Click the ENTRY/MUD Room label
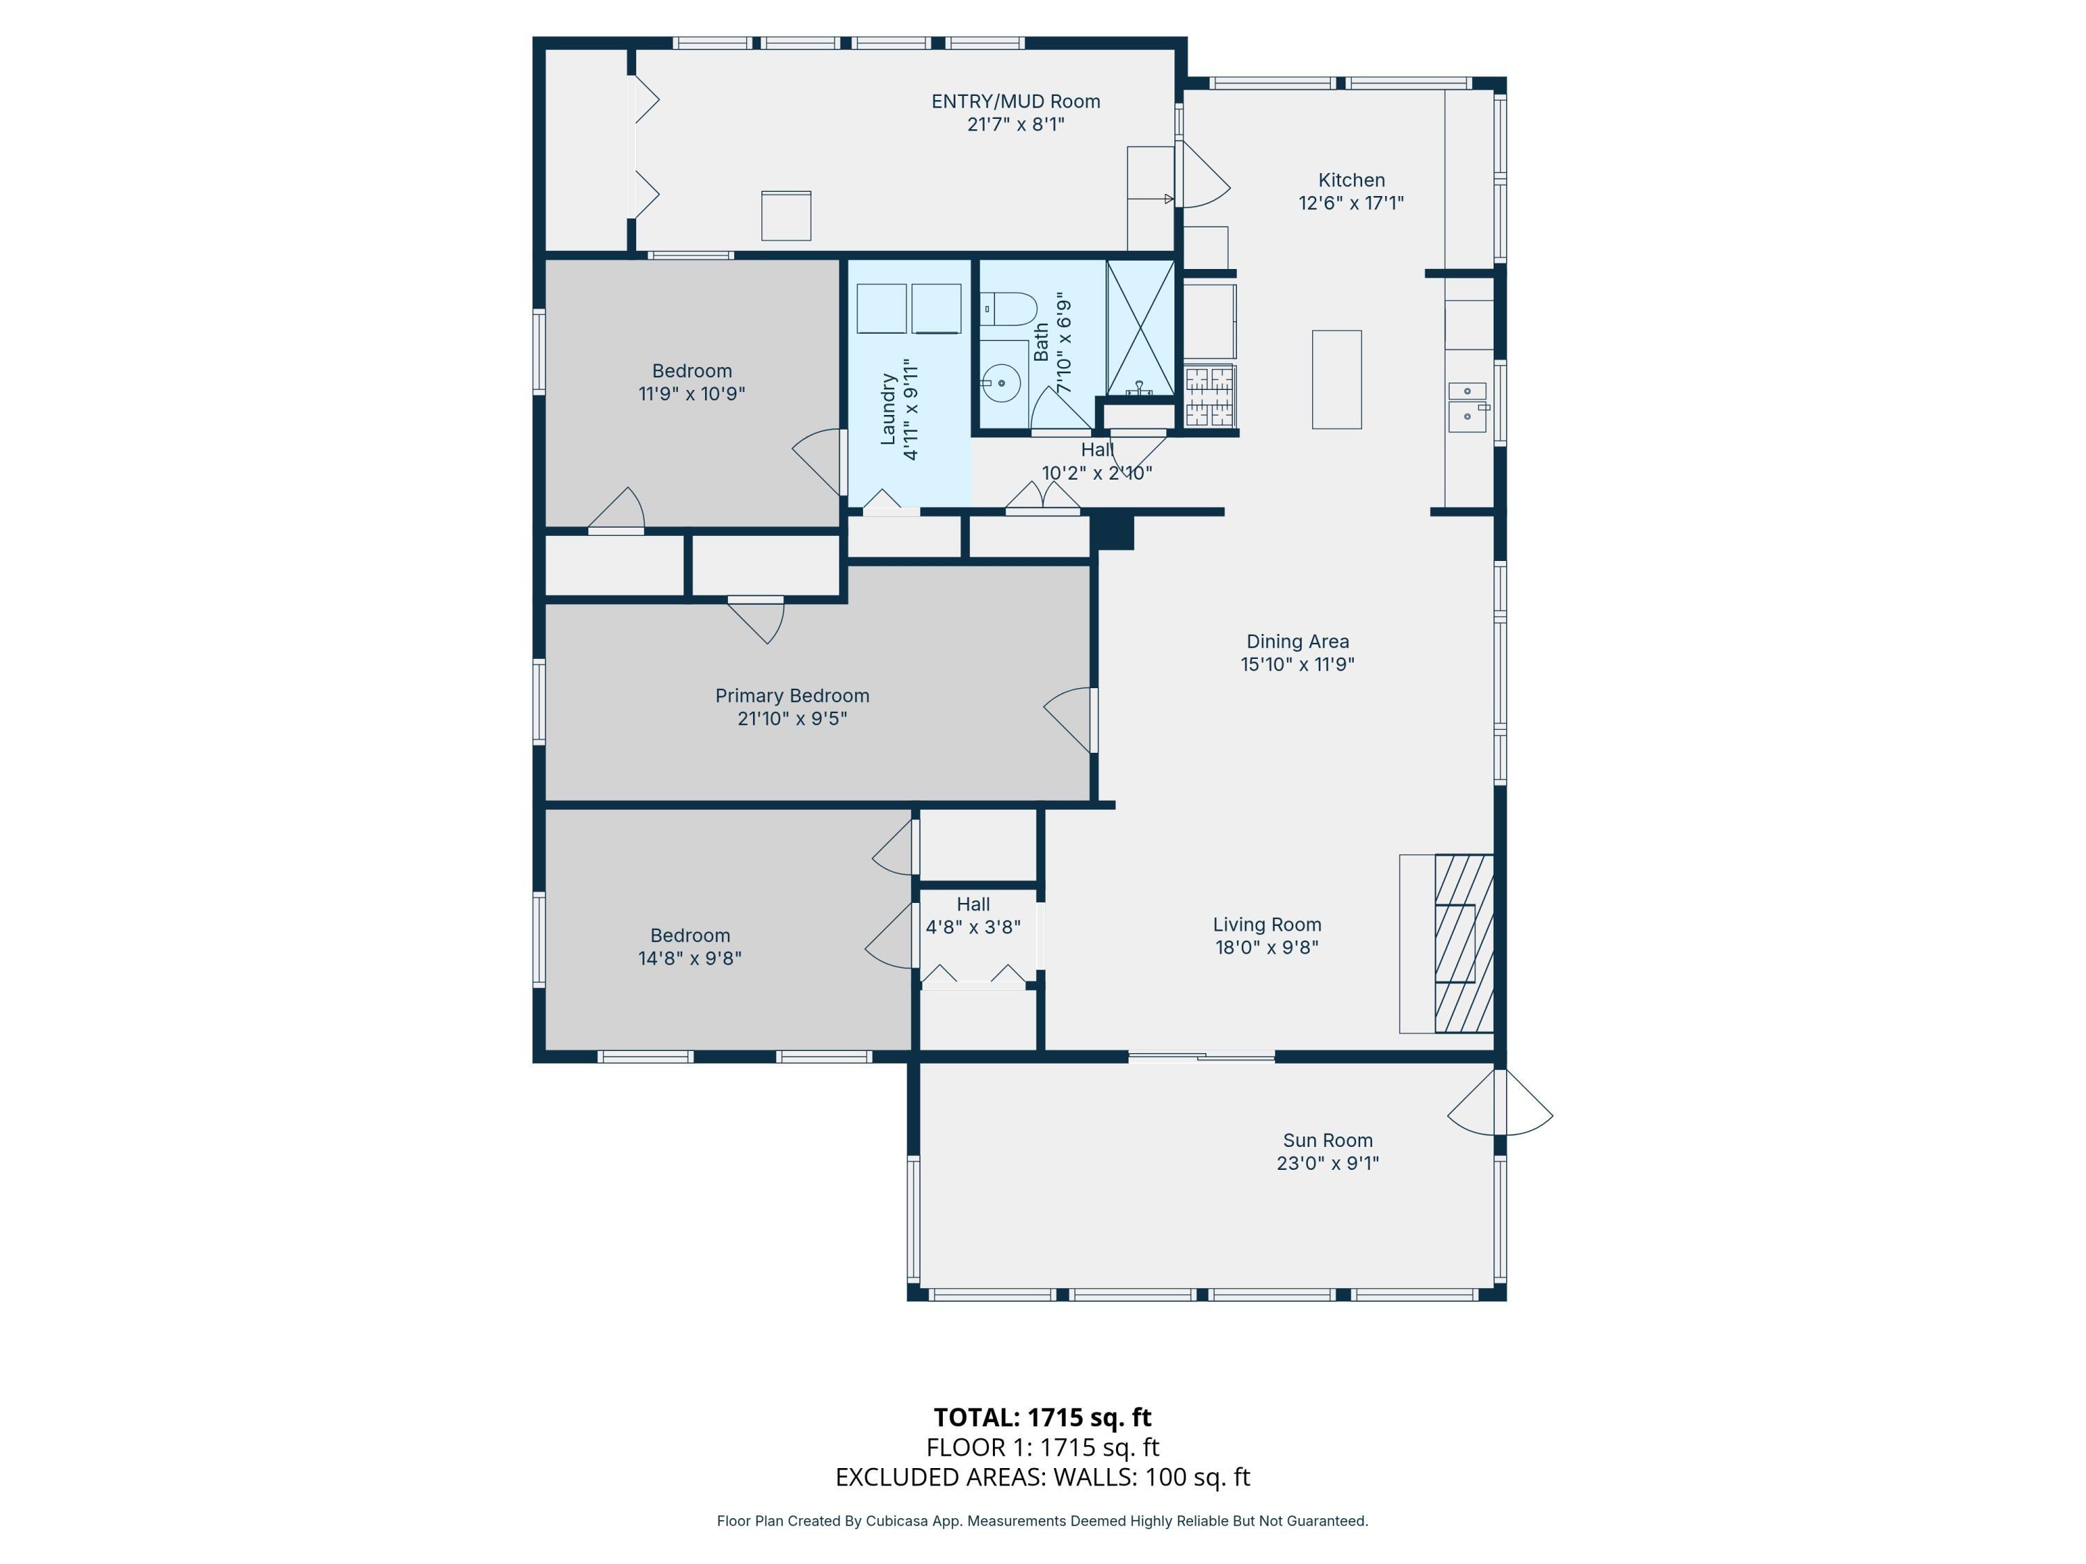pos(1016,101)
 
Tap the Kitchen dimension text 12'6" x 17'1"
pos(1350,203)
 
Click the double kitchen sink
pos(1466,407)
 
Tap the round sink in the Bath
pos(1000,383)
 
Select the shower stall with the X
pos(1140,327)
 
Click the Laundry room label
pos(887,408)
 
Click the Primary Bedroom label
pos(792,696)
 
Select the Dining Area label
pos(1297,641)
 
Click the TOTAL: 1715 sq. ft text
pos(1042,1417)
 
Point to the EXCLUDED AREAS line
pos(1042,1476)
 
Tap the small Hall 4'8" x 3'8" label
pos(973,915)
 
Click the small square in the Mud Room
pos(786,216)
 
